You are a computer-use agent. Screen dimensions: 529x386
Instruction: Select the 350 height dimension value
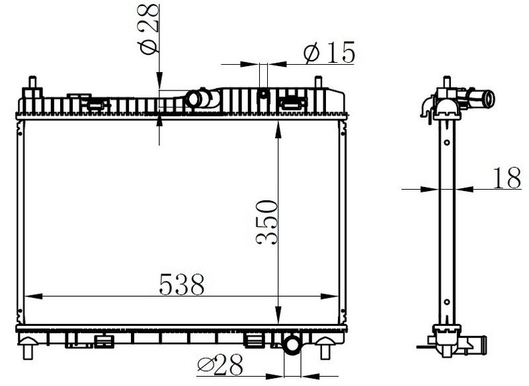point(265,221)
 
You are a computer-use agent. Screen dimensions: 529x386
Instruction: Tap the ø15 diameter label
point(329,54)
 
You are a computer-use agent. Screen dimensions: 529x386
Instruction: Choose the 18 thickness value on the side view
point(507,178)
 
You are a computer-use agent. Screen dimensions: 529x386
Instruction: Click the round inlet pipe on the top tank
point(196,99)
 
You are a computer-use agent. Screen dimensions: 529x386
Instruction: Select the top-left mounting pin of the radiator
point(32,85)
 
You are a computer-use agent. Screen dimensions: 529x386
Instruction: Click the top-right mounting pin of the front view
point(322,85)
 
